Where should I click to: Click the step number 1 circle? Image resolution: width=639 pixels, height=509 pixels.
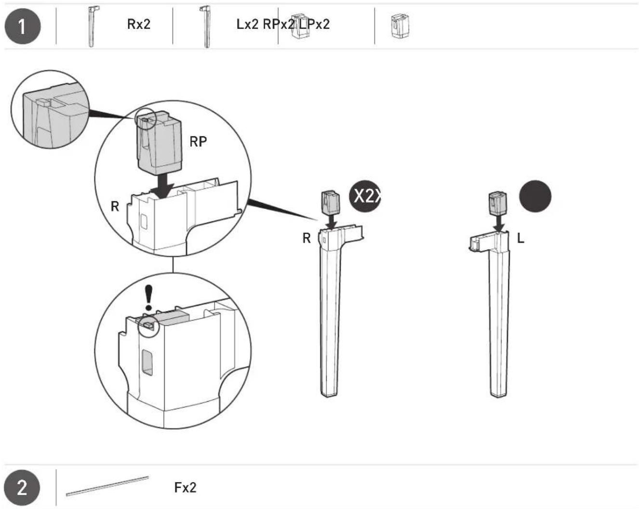point(23,26)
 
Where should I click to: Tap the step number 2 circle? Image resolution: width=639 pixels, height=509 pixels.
point(22,488)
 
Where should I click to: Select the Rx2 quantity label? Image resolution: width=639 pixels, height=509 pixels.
point(139,24)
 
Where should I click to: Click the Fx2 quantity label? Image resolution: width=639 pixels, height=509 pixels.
point(185,488)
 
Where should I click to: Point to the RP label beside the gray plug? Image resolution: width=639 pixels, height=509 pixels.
point(198,142)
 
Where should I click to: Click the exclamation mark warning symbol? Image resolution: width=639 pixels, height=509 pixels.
point(149,298)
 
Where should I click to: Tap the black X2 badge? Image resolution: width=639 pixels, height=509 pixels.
point(365,196)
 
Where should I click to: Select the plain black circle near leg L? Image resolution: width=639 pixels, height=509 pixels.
point(535,196)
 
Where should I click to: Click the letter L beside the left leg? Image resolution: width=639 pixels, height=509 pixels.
point(520,238)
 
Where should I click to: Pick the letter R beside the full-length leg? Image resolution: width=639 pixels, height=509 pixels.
point(306,238)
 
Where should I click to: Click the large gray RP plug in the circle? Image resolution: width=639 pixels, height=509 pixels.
point(159,143)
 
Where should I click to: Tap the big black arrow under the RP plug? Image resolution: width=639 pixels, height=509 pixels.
point(162,186)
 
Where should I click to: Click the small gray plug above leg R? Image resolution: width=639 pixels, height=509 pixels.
point(331,202)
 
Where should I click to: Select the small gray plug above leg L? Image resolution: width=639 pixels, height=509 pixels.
point(498,203)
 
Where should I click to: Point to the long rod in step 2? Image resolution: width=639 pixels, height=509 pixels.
point(107,486)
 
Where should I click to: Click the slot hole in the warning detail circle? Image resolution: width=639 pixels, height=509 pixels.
point(147,363)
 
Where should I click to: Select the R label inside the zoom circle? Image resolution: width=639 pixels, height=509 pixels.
point(115,206)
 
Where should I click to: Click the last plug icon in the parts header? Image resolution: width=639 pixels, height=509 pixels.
point(399,26)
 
